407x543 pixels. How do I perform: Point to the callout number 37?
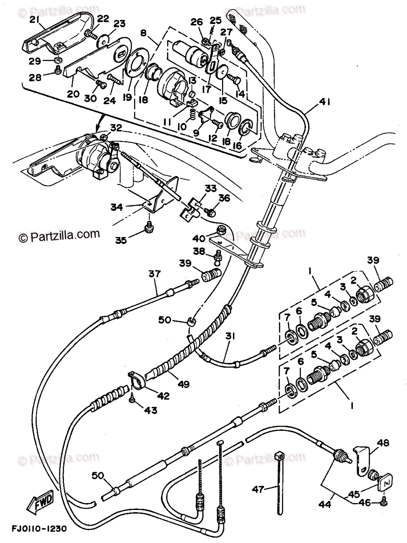click(155, 274)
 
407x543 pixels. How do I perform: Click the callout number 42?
click(163, 396)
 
